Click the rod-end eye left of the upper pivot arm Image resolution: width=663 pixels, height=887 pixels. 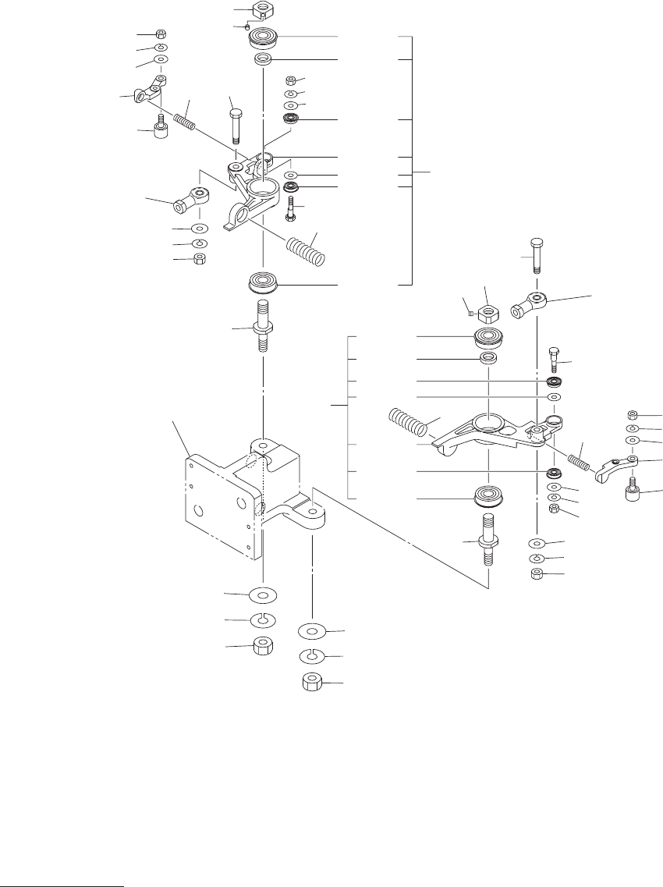pyautogui.click(x=188, y=200)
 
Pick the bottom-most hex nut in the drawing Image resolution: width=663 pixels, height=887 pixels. pyautogui.click(x=313, y=684)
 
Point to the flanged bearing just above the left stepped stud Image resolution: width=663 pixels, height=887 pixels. pyautogui.click(x=263, y=282)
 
